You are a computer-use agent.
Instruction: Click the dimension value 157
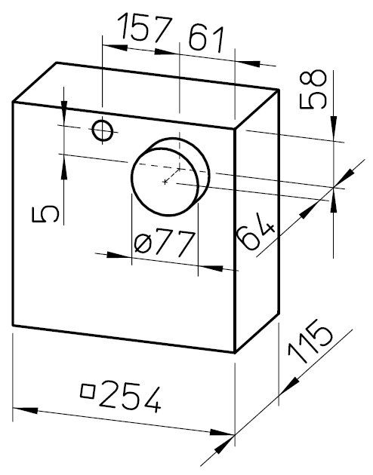(145, 29)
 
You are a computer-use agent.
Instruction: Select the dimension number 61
(206, 38)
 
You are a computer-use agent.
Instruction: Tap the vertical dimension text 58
(313, 89)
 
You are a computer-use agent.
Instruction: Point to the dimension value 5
(45, 213)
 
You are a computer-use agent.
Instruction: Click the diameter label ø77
(164, 244)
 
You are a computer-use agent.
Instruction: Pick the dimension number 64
(256, 231)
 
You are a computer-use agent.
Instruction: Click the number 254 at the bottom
(130, 396)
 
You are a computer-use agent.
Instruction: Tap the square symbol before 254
(88, 391)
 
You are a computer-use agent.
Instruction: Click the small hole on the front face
(103, 130)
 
